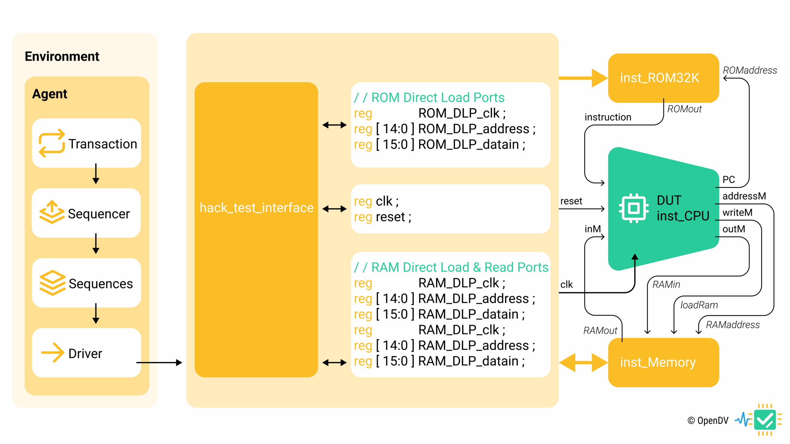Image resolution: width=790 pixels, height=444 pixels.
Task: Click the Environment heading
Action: [x=62, y=56]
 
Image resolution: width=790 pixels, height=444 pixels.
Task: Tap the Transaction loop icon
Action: [x=52, y=143]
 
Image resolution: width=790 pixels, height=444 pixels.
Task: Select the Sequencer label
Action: [x=99, y=214]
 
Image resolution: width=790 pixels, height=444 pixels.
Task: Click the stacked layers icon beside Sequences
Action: [x=52, y=283]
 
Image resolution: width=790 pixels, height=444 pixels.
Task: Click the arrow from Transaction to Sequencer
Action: [x=96, y=174]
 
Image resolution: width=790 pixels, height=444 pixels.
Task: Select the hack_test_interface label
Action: [x=256, y=208]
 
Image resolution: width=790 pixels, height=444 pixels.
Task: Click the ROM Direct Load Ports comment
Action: [x=429, y=98]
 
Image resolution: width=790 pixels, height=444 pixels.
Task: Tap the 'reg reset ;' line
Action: [x=383, y=217]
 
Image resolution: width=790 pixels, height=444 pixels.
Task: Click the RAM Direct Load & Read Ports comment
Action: [x=451, y=267]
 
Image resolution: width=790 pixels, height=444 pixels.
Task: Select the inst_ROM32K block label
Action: [x=660, y=78]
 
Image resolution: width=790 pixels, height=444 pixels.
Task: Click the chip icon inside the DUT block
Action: [x=634, y=208]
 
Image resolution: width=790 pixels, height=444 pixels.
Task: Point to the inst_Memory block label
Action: [x=658, y=362]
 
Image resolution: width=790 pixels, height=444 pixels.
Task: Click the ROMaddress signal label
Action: [x=750, y=70]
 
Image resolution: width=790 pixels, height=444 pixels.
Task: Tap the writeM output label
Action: [x=738, y=212]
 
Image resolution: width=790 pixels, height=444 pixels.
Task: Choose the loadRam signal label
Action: [x=699, y=305]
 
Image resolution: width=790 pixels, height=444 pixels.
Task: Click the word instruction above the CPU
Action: [x=608, y=117]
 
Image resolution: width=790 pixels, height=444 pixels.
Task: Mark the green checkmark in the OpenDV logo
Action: [x=765, y=420]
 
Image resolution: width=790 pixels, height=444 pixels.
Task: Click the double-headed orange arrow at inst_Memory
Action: [x=583, y=363]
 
